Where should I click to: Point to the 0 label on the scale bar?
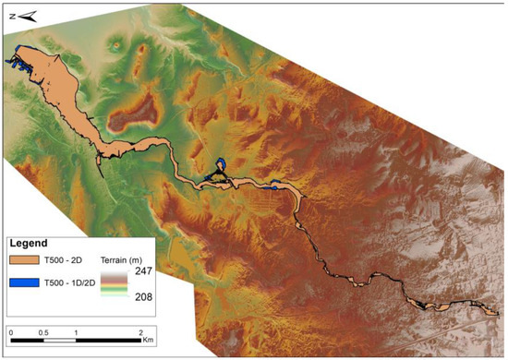point(11,330)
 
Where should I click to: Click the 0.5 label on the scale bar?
point(43,330)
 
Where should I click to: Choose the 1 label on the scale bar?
point(76,330)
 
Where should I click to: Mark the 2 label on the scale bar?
point(139,330)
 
